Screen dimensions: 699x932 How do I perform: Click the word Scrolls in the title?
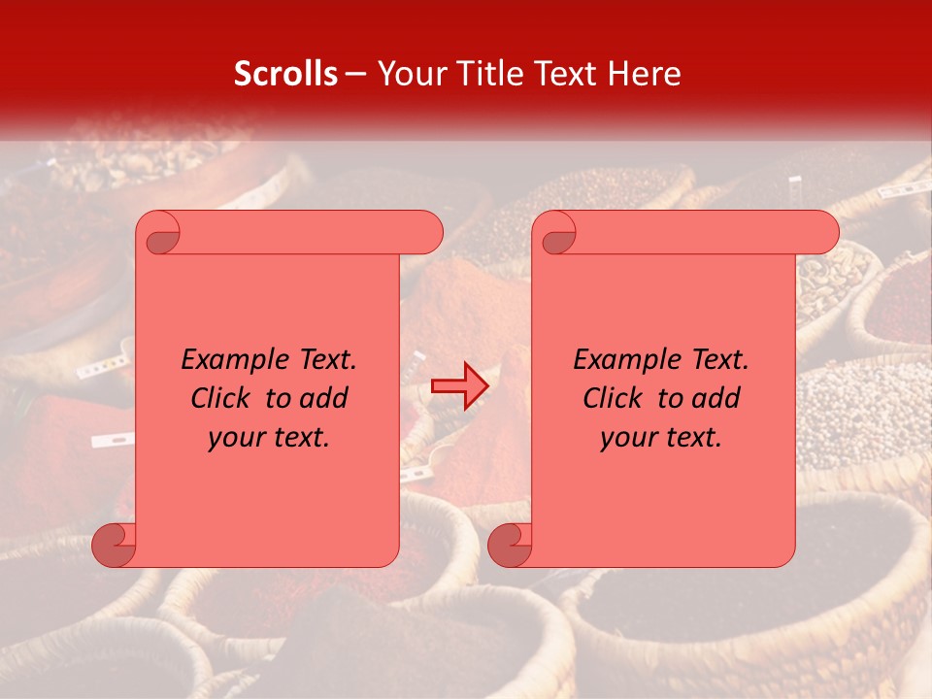[x=286, y=74]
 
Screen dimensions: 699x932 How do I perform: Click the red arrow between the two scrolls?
[x=459, y=386]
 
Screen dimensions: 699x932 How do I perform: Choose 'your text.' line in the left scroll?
[x=269, y=438]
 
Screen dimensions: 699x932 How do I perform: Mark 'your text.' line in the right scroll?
[x=661, y=438]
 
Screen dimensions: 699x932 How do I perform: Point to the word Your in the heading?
[x=407, y=74]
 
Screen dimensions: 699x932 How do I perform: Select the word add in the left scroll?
[x=325, y=399]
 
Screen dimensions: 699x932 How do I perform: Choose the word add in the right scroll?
[x=717, y=399]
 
